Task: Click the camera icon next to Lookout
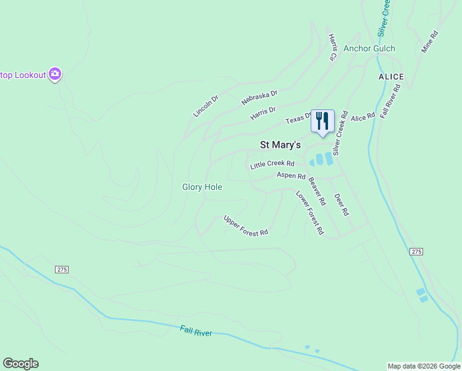[55, 75]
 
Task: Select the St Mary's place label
[280, 145]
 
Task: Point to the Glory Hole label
[202, 187]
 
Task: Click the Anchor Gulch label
[369, 48]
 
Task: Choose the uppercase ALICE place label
[391, 77]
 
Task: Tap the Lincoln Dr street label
[206, 106]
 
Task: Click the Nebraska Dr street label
[259, 97]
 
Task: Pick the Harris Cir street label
[332, 48]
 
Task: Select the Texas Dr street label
[299, 119]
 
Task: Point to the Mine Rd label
[429, 41]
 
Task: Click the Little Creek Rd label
[272, 165]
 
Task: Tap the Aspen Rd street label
[291, 176]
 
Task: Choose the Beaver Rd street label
[317, 192]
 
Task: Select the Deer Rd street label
[342, 204]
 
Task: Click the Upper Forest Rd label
[246, 226]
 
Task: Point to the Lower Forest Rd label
[309, 212]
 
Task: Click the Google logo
[20, 364]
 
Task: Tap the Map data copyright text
[424, 366]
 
